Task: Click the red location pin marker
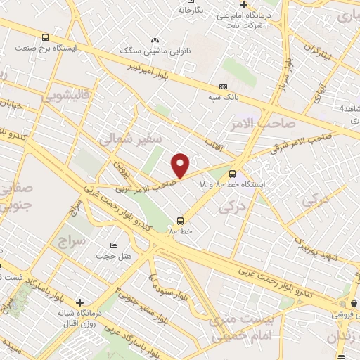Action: (181, 165)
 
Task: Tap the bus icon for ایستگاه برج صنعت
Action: (46, 38)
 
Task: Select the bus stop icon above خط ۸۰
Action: (181, 219)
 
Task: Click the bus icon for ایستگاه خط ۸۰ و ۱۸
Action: (233, 172)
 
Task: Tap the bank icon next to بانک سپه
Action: (224, 86)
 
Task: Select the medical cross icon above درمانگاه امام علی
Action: (244, 5)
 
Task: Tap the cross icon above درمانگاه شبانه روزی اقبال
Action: (79, 301)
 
